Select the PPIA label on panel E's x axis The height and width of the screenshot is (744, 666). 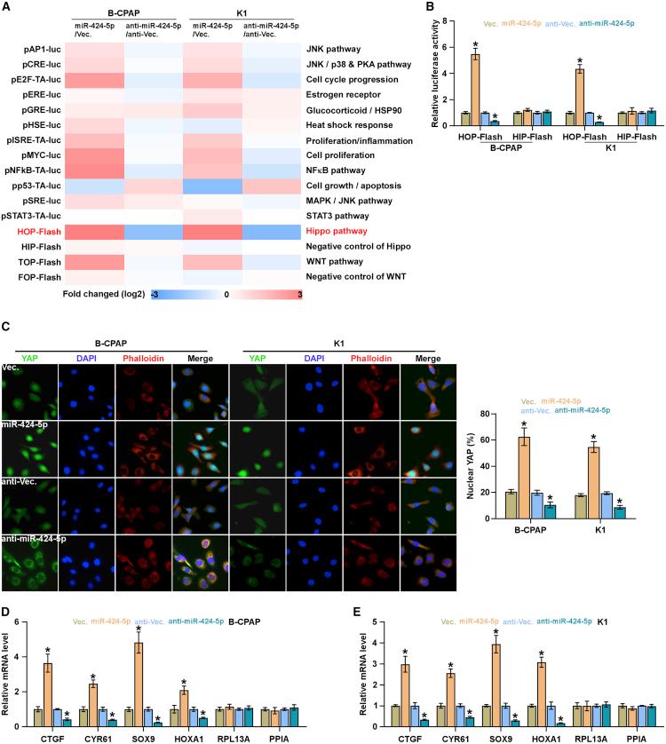click(x=637, y=736)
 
